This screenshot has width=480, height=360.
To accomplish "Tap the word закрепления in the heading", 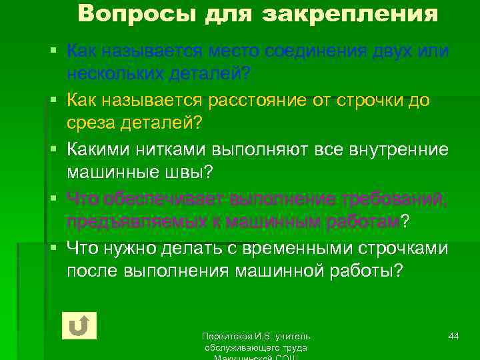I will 350,13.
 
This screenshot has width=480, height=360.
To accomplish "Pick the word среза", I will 90,122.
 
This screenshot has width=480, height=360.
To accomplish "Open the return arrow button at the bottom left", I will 79,325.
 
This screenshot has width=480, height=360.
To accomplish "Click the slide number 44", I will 453,335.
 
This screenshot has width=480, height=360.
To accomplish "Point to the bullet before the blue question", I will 59,51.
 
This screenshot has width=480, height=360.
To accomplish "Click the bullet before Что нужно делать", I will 59,249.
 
